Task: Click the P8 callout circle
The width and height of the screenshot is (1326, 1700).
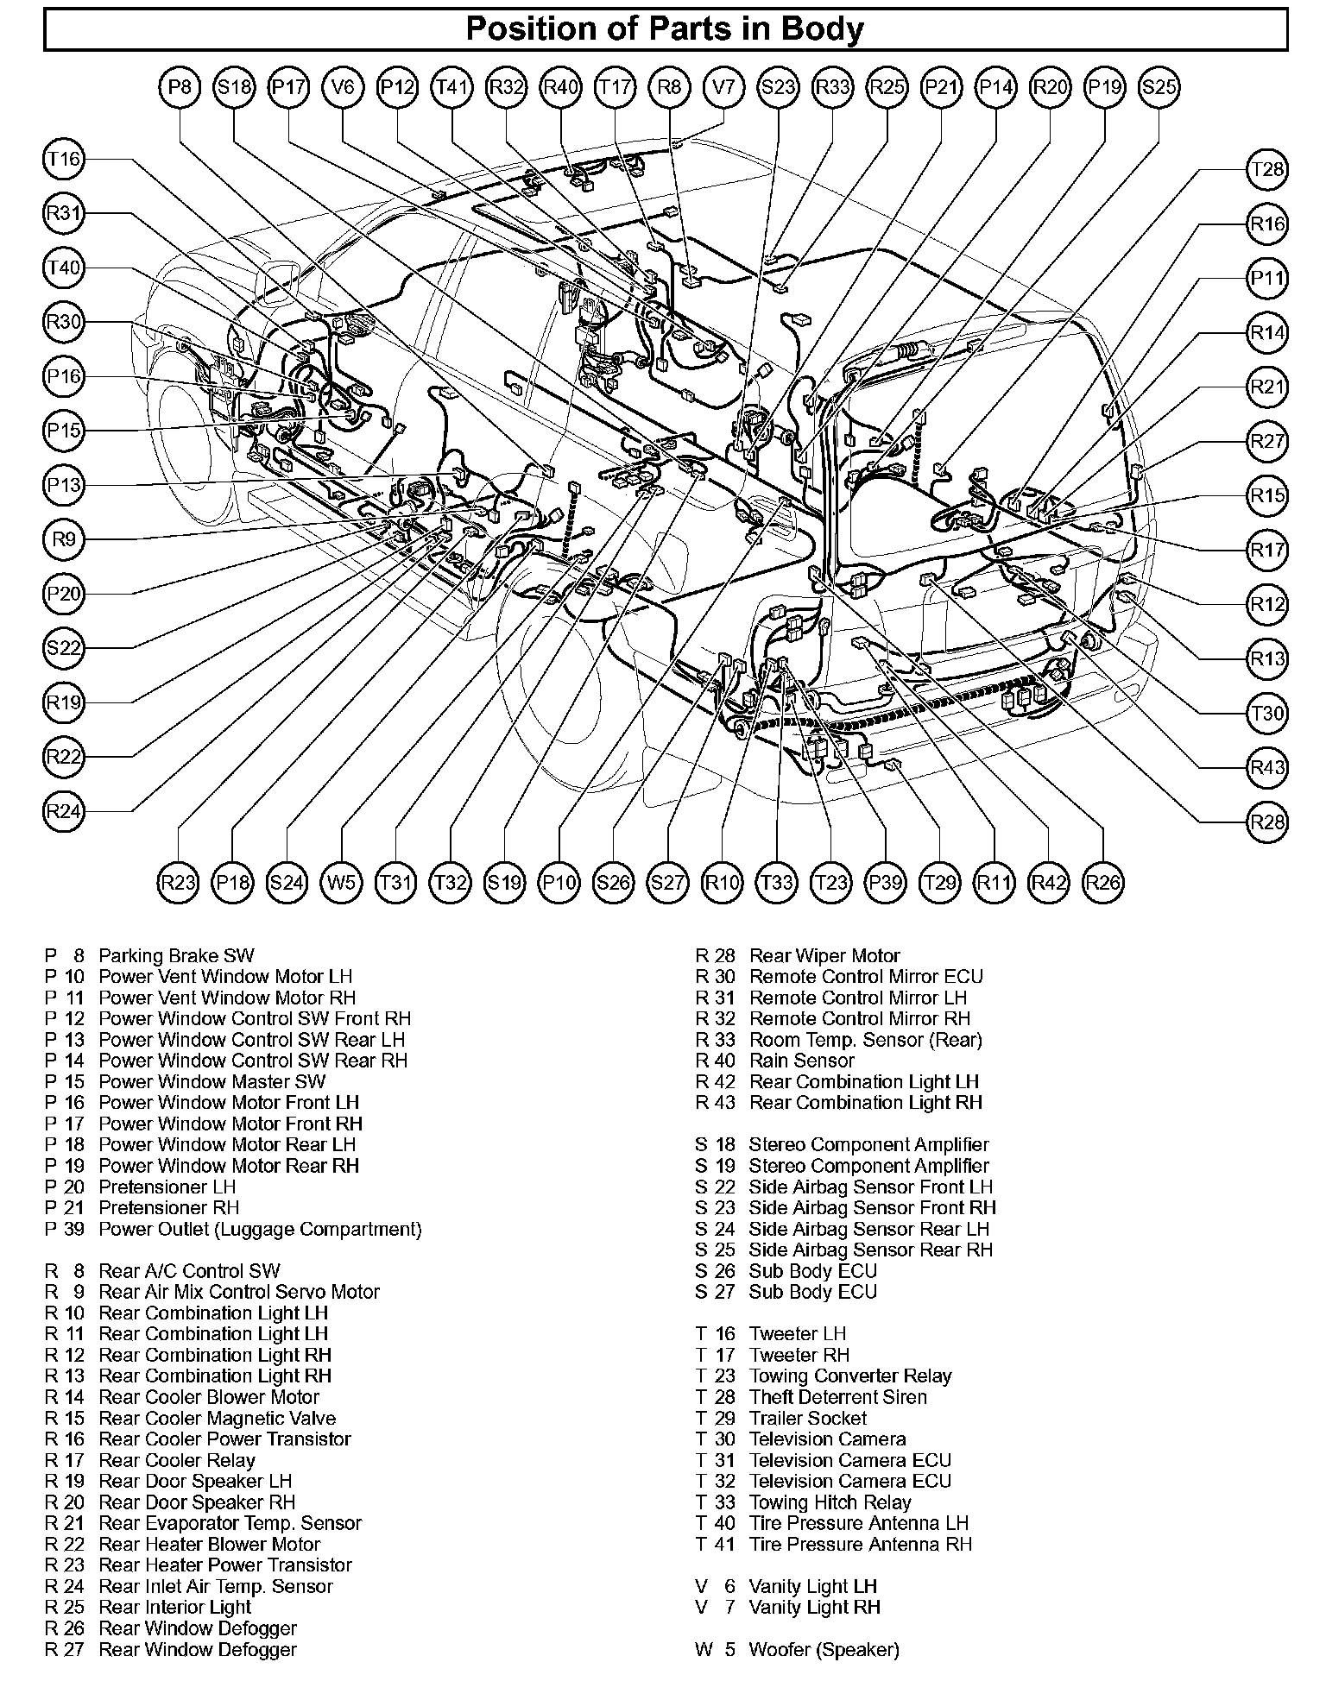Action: point(180,87)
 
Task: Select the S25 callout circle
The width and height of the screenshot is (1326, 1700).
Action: point(1159,87)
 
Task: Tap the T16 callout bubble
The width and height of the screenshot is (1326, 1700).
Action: point(63,160)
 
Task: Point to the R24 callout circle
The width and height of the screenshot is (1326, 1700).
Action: point(63,811)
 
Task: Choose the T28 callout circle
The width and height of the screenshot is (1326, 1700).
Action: point(1267,170)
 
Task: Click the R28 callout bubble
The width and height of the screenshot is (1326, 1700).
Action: point(1267,822)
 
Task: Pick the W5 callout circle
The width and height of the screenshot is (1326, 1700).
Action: point(342,883)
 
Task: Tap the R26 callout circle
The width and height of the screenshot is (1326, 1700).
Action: point(1103,883)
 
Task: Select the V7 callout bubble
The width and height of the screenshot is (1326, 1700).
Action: point(723,87)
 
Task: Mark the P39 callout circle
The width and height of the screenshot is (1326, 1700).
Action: point(886,883)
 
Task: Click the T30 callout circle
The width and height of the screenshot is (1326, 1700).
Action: point(1267,714)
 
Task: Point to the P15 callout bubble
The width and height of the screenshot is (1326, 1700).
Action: point(63,431)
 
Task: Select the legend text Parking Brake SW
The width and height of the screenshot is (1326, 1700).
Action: point(176,956)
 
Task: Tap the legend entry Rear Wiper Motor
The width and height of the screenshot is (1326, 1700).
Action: point(824,956)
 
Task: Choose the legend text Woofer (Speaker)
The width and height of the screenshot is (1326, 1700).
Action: point(824,1650)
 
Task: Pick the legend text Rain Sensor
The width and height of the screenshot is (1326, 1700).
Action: point(801,1061)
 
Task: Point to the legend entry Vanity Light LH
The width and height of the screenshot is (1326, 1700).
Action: point(812,1586)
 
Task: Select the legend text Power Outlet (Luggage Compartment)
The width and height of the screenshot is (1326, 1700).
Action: point(260,1229)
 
